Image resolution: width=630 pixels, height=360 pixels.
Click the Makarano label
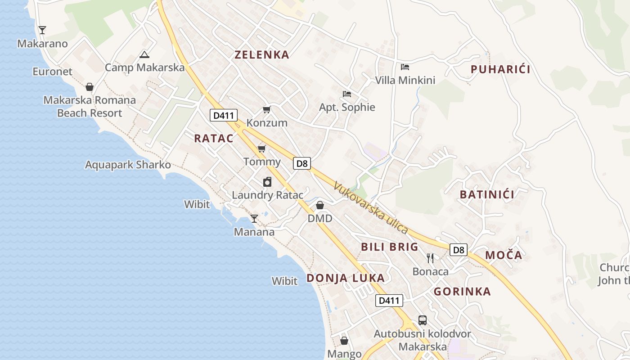pyautogui.click(x=42, y=44)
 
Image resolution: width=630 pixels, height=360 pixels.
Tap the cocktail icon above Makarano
pyautogui.click(x=42, y=30)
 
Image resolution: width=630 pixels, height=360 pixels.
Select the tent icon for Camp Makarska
pyautogui.click(x=144, y=55)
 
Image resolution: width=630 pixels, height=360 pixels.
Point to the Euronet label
pyautogui.click(x=52, y=72)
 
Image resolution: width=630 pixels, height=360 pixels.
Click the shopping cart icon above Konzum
pyautogui.click(x=267, y=109)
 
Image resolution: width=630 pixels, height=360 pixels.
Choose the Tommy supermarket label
pyautogui.click(x=262, y=162)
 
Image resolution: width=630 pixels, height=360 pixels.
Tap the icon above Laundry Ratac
pyautogui.click(x=267, y=182)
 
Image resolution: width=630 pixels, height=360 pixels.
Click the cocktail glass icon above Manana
pyautogui.click(x=254, y=219)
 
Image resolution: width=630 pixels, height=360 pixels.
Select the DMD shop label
pyautogui.click(x=320, y=219)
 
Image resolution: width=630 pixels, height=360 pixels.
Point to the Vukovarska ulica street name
pyautogui.click(x=371, y=207)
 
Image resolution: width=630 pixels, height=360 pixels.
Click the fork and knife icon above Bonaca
pyautogui.click(x=430, y=258)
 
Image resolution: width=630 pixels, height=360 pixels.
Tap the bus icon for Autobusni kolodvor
pyautogui.click(x=422, y=320)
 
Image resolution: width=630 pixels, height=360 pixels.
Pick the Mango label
pyautogui.click(x=344, y=354)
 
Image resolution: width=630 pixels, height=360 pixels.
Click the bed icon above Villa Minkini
pyautogui.click(x=405, y=67)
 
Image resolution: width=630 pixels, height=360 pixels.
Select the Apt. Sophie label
pyautogui.click(x=347, y=107)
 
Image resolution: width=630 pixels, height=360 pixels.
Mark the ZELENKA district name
pyautogui.click(x=262, y=55)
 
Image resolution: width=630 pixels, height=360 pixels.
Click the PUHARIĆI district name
pyautogui.click(x=500, y=69)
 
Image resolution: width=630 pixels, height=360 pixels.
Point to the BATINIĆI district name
pyautogui.click(x=487, y=194)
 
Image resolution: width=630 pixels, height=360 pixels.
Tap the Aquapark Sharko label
pyautogui.click(x=128, y=165)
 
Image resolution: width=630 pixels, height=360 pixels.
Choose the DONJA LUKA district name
pyautogui.click(x=346, y=278)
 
